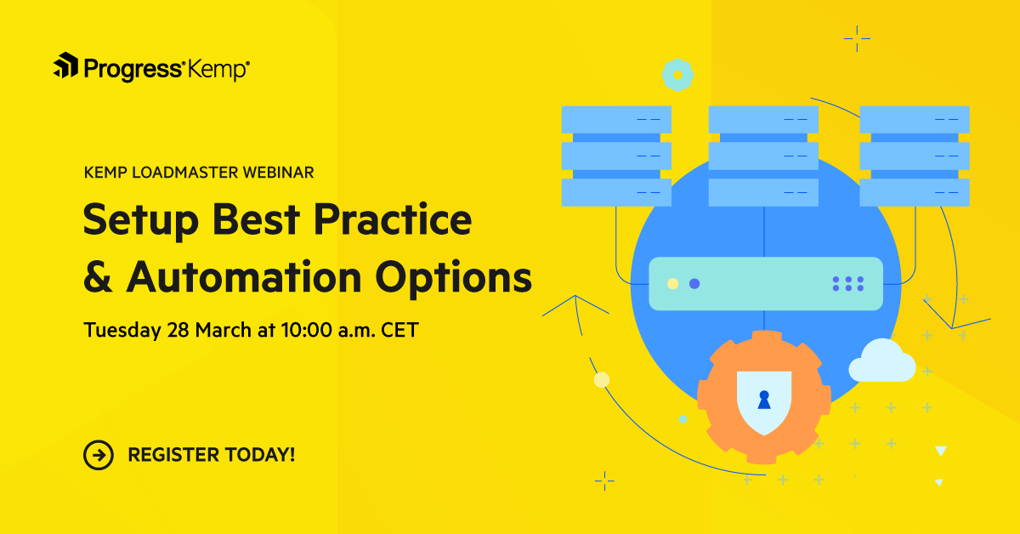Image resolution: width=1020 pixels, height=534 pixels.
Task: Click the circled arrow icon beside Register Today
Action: (99, 455)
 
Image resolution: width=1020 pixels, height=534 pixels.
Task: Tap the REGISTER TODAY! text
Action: (212, 455)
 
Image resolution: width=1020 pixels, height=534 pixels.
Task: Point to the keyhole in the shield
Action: (763, 398)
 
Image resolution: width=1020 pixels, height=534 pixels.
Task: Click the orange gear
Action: (712, 425)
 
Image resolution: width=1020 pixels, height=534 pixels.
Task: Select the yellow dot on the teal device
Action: (673, 283)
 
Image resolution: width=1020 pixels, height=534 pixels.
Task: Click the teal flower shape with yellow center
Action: (677, 75)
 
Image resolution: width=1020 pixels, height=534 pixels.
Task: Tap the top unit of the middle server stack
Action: (763, 119)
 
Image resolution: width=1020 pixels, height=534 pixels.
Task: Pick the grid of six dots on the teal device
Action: (847, 284)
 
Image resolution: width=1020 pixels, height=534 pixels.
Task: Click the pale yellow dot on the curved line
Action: (602, 379)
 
